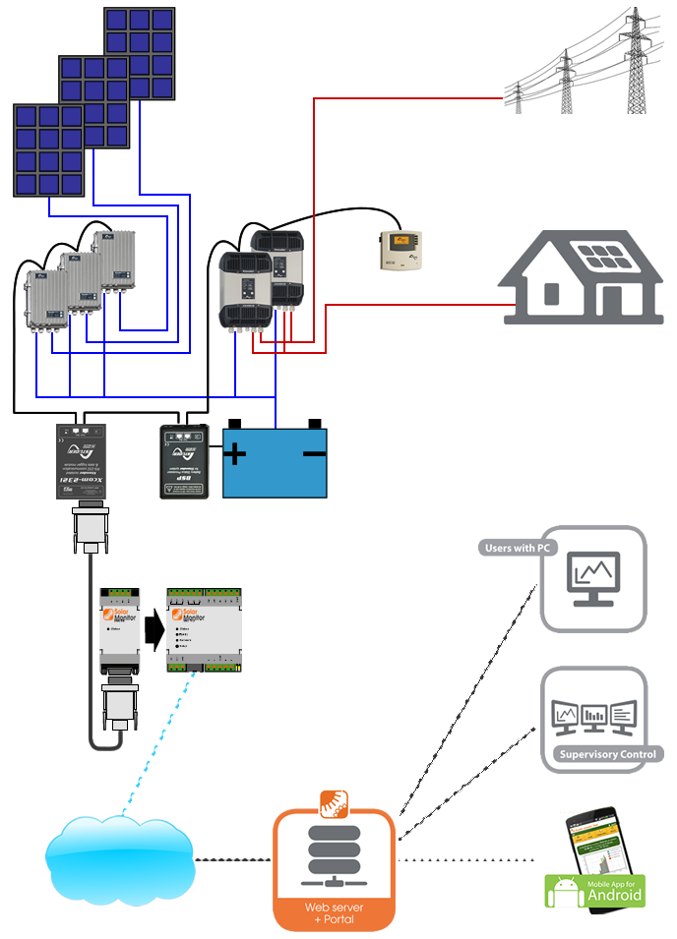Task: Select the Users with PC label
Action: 517,548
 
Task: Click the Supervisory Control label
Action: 609,755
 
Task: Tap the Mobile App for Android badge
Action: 595,890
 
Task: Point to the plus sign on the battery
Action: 235,454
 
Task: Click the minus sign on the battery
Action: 314,453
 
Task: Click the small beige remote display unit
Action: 400,250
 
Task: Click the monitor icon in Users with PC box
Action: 593,578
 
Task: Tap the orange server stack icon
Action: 334,851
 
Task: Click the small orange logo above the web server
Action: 334,801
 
